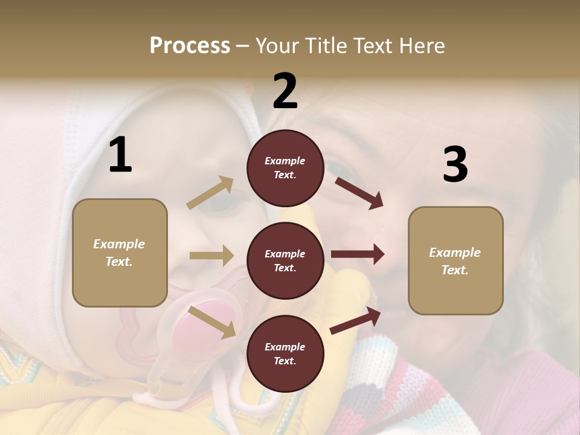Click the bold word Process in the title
[x=190, y=46]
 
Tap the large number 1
[x=120, y=156]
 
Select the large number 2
[x=285, y=92]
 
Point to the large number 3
[x=456, y=165]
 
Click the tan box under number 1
[x=120, y=253]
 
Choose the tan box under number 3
[x=456, y=261]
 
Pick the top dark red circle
[x=285, y=168]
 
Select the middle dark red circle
[x=285, y=261]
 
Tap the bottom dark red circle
[x=285, y=354]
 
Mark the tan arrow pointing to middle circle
[x=211, y=256]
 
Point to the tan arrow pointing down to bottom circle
[x=212, y=322]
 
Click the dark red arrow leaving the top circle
[x=359, y=193]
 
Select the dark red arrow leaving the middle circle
[x=358, y=254]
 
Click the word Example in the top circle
[x=285, y=161]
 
